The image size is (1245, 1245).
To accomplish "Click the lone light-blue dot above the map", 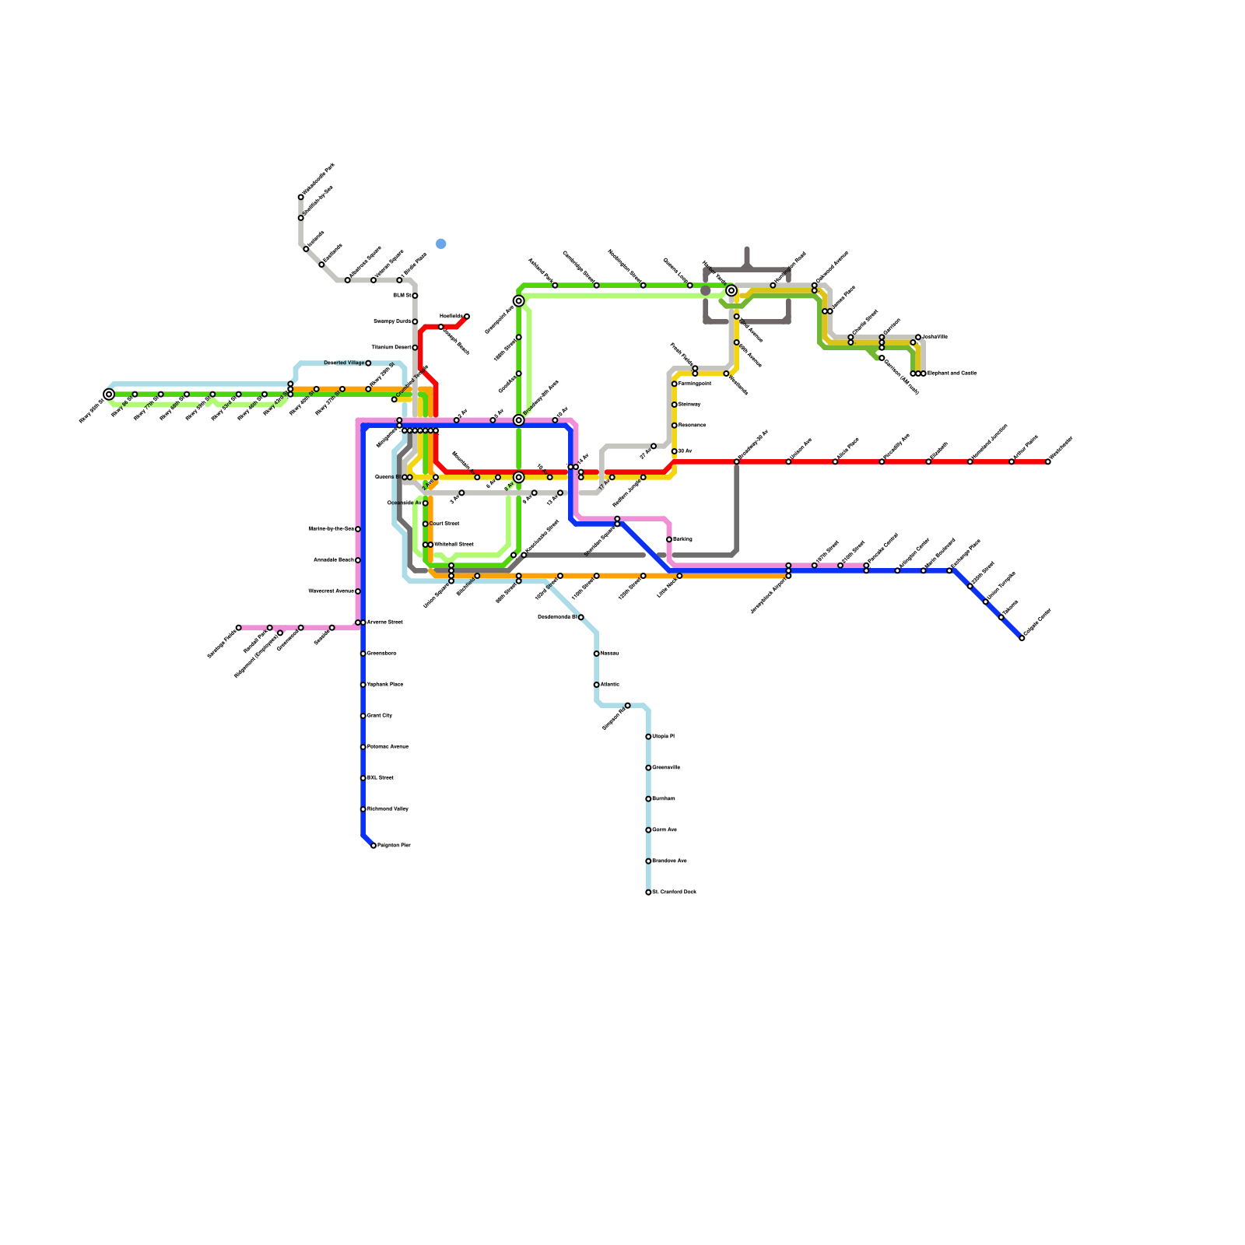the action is pyautogui.click(x=441, y=244).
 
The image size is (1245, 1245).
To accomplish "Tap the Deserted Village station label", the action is pyautogui.click(x=344, y=363).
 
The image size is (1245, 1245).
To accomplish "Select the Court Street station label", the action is pyautogui.click(x=444, y=524).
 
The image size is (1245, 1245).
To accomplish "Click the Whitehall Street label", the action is pyautogui.click(x=453, y=545).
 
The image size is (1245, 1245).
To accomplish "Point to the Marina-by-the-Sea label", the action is pyautogui.click(x=331, y=529).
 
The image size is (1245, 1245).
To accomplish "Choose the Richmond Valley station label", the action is pyautogui.click(x=388, y=809).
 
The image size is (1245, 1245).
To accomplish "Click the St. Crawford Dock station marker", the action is pyautogui.click(x=648, y=893).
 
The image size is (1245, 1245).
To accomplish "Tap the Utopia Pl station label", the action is pyautogui.click(x=664, y=736).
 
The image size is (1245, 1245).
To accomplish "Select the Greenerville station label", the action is pyautogui.click(x=666, y=767).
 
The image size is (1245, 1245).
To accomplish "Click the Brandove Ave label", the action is pyautogui.click(x=669, y=861).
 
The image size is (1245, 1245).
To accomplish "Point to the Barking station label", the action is pyautogui.click(x=682, y=539).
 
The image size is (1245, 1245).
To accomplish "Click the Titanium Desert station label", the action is pyautogui.click(x=391, y=347).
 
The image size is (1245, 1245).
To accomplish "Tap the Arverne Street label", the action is pyautogui.click(x=385, y=622).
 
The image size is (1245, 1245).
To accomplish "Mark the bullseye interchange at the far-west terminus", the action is pyautogui.click(x=109, y=395).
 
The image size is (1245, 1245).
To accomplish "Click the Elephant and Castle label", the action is pyautogui.click(x=952, y=373).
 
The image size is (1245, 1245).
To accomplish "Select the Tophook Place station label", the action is pyautogui.click(x=385, y=685).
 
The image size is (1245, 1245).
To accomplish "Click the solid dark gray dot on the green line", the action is pyautogui.click(x=705, y=291).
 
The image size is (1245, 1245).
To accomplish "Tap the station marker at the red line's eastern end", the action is pyautogui.click(x=1047, y=461).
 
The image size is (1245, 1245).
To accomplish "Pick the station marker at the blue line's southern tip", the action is pyautogui.click(x=373, y=845).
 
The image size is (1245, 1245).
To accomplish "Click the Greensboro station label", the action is pyautogui.click(x=382, y=654).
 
